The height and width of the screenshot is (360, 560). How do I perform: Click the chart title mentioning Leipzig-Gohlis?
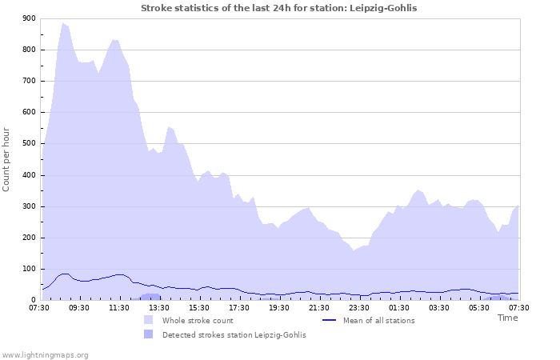click(278, 8)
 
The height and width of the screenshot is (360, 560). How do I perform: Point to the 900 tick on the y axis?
click(29, 18)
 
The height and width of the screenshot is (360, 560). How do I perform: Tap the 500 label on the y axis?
click(29, 144)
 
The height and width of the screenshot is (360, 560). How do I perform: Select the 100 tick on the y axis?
click(29, 270)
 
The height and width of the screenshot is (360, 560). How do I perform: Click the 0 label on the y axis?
click(33, 301)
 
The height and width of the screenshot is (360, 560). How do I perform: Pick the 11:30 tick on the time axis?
click(119, 307)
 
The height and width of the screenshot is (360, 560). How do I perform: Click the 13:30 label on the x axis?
click(159, 307)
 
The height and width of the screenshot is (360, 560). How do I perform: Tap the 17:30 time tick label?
click(239, 307)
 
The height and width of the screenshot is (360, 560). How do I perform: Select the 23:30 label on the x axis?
click(359, 307)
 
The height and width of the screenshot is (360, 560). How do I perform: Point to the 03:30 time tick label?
click(439, 307)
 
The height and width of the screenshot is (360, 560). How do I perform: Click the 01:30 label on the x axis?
click(399, 307)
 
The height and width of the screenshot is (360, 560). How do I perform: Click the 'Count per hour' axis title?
click(7, 158)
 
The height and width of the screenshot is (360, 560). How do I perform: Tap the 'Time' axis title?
click(507, 318)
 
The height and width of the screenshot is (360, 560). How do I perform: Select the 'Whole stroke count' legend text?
click(198, 321)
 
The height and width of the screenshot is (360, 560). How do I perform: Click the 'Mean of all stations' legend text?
click(379, 321)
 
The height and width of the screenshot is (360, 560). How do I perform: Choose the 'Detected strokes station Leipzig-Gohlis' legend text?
click(234, 335)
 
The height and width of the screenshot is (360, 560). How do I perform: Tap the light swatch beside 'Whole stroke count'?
click(148, 321)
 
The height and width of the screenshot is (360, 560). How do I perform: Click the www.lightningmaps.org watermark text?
click(46, 354)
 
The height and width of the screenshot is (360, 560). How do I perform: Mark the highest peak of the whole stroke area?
click(62, 23)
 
